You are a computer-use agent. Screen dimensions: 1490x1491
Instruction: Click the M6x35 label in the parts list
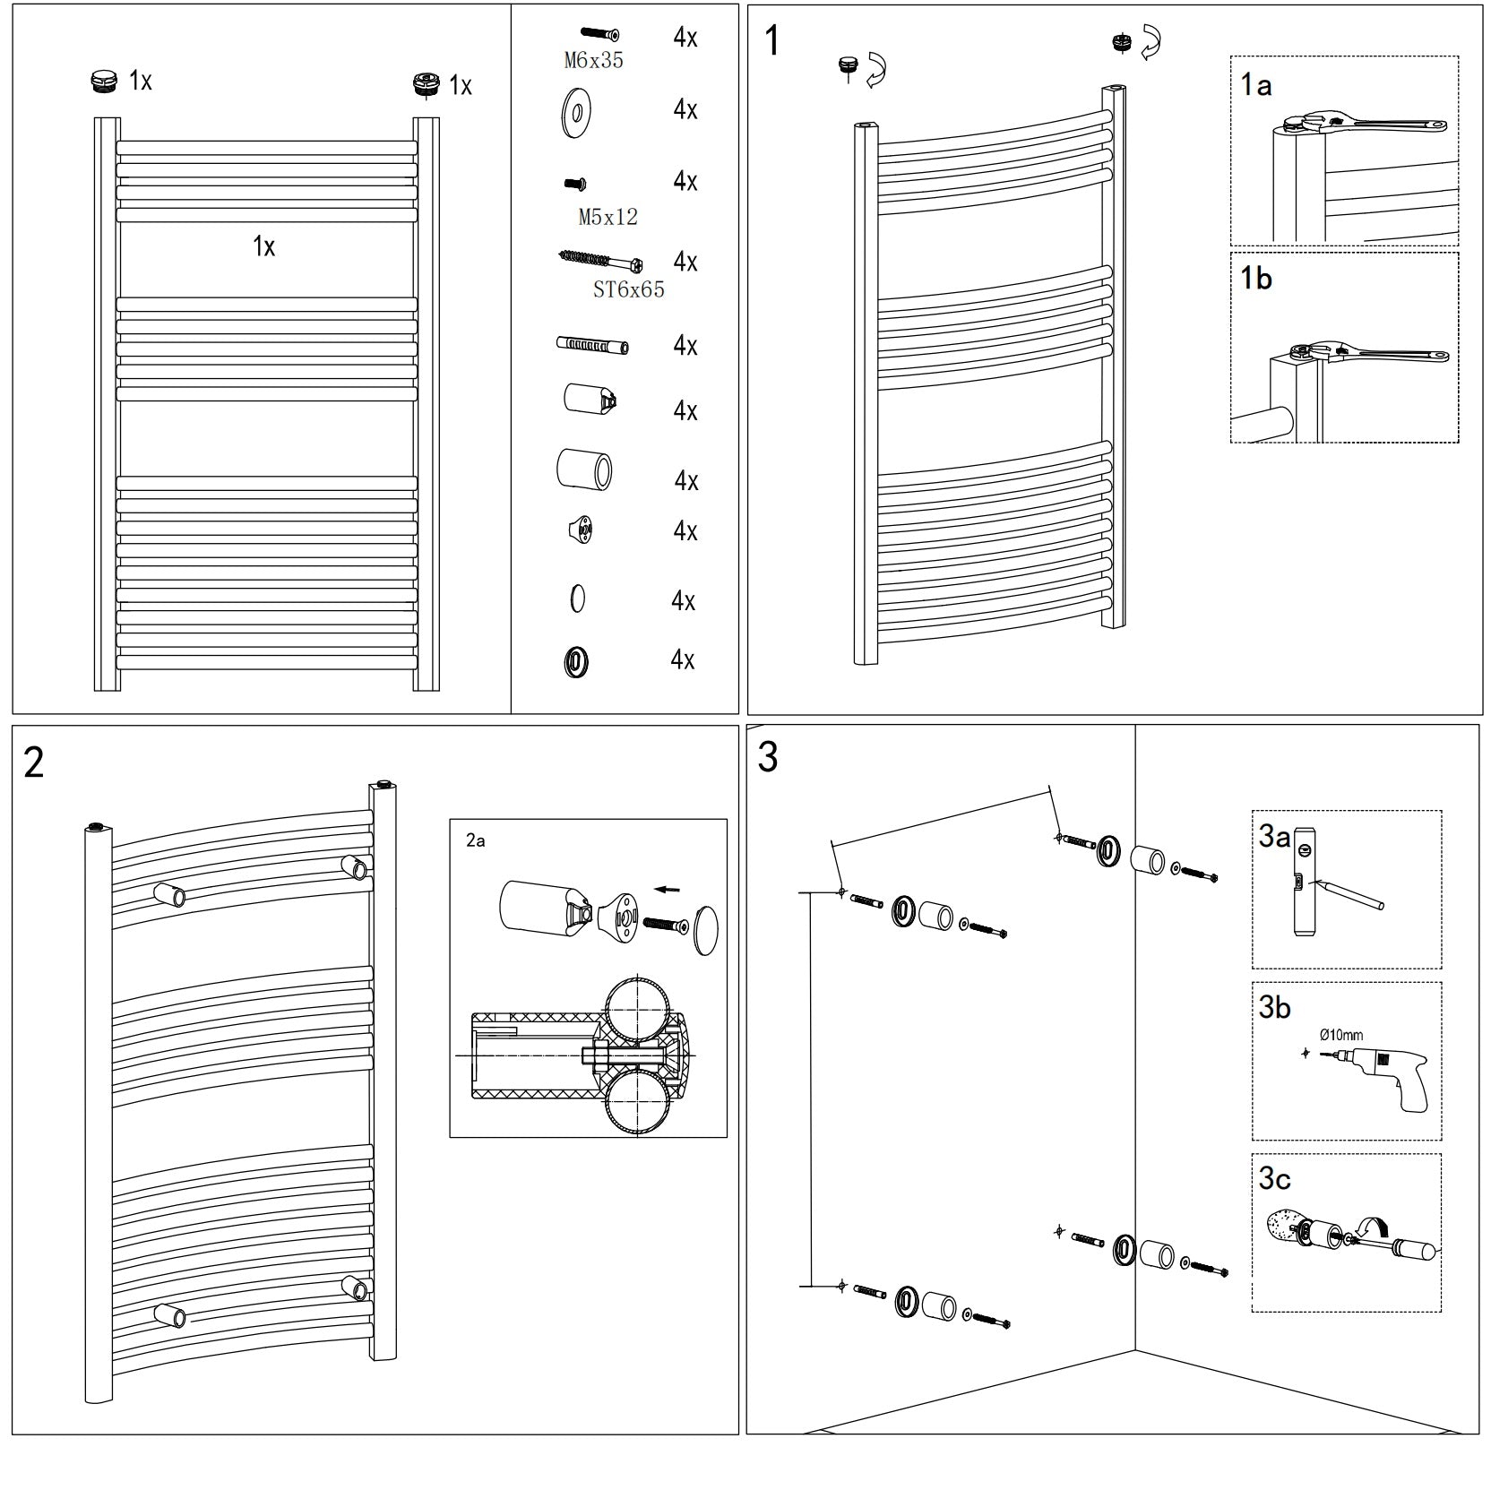point(593,61)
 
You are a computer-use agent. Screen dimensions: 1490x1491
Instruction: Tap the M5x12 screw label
point(608,217)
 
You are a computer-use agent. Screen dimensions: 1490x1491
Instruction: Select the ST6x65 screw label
point(628,289)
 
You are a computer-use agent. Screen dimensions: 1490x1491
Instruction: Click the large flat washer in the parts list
point(575,113)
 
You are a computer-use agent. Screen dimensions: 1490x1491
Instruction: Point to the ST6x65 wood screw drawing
point(600,261)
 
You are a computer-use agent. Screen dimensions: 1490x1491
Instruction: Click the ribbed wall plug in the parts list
point(591,345)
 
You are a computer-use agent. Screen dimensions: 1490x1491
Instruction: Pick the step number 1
point(771,41)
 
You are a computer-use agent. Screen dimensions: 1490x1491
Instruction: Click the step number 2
point(34,762)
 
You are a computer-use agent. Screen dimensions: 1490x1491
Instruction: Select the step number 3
point(767,757)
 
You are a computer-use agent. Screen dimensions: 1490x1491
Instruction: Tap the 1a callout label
point(1256,85)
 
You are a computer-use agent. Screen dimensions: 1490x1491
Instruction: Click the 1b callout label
point(1255,279)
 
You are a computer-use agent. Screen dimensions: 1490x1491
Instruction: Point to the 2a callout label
point(475,840)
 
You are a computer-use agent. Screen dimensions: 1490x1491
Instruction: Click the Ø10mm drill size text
point(1341,1035)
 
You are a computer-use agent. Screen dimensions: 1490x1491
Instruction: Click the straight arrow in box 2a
point(667,890)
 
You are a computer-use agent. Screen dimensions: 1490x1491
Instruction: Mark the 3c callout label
point(1274,1178)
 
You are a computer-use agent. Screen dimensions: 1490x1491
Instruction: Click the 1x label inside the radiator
point(263,246)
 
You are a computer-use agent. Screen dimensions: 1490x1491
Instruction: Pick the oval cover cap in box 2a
point(706,931)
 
